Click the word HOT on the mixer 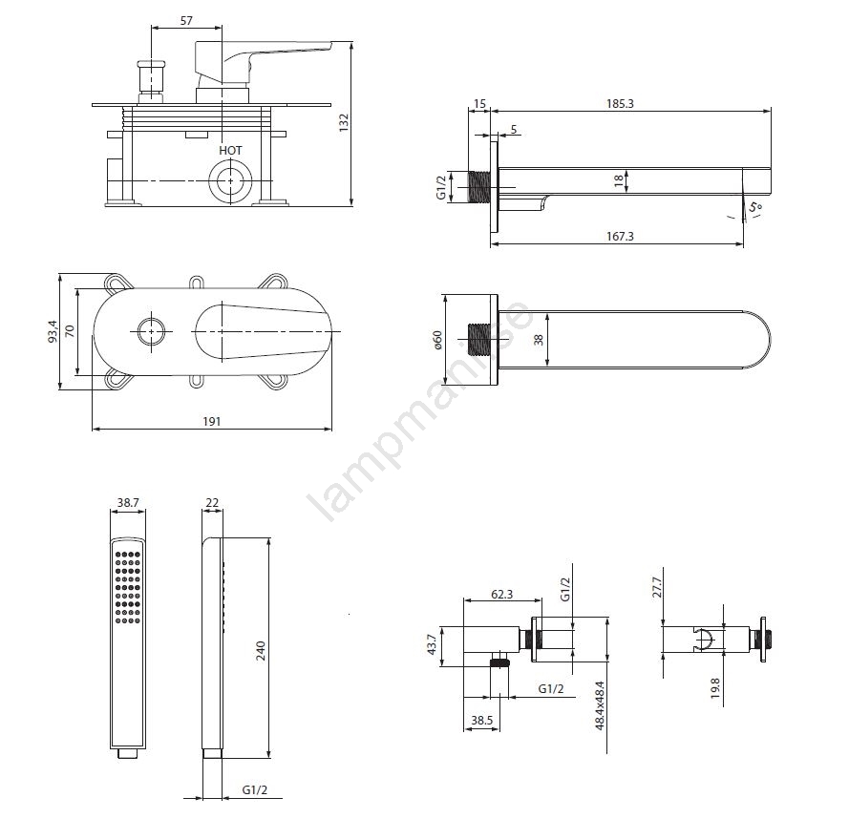point(230,151)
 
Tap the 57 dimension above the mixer point(186,20)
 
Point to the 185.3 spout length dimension point(619,103)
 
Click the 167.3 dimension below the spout point(619,236)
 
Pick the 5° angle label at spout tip point(756,205)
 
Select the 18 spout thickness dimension point(620,178)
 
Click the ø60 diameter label point(438,340)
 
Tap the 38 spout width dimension point(538,339)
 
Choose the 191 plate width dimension point(212,421)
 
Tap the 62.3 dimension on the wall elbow point(502,594)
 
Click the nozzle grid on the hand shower point(129,587)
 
